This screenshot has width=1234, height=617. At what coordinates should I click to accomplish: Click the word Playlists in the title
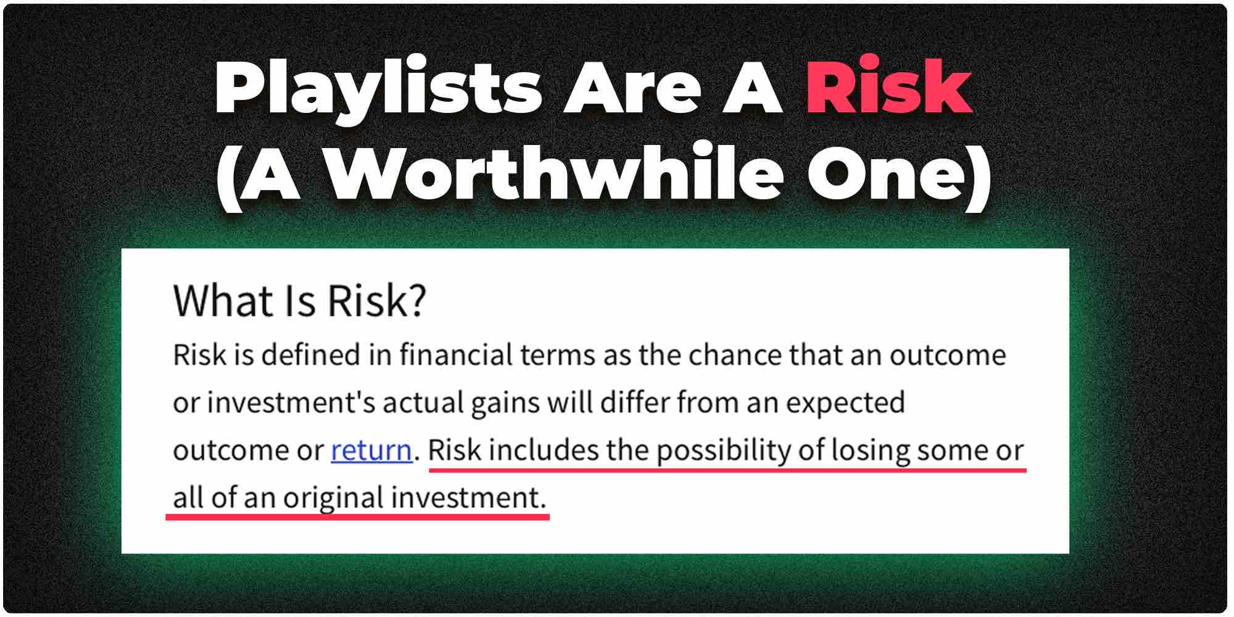(378, 90)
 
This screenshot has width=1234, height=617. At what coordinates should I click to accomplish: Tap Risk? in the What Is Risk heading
(376, 300)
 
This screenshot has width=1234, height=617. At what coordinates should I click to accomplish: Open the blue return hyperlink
(371, 450)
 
